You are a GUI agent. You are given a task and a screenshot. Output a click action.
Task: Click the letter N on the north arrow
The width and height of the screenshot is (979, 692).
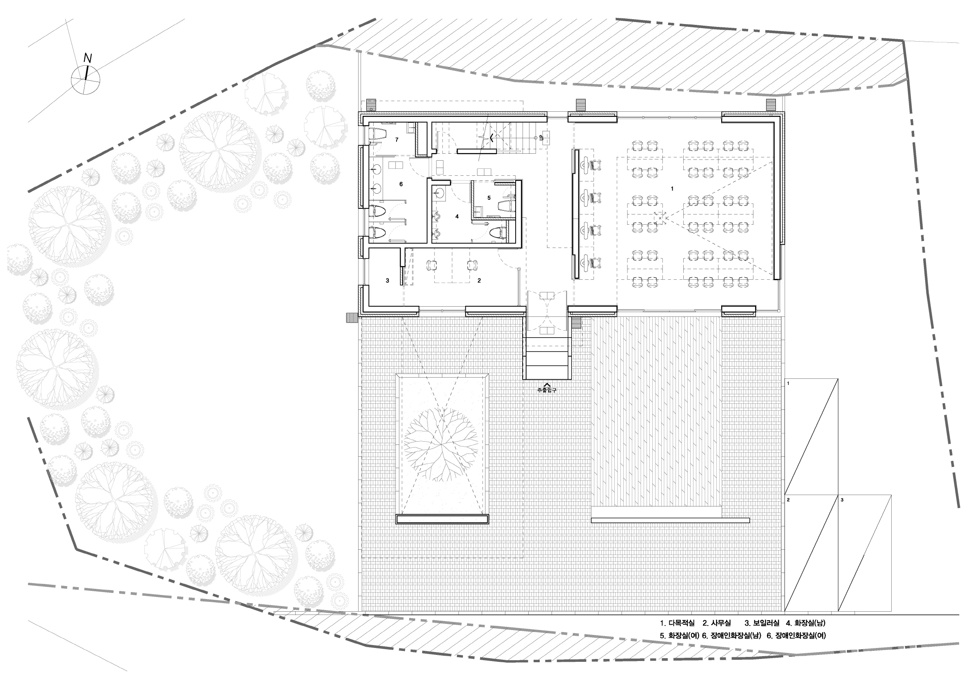tap(88, 58)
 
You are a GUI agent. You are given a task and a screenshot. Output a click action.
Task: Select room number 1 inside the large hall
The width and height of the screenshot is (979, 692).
tap(672, 188)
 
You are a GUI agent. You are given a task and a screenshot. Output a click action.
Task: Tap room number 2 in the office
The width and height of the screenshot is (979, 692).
tap(479, 281)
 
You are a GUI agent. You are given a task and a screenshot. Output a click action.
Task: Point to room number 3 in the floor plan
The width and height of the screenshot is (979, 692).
tap(387, 281)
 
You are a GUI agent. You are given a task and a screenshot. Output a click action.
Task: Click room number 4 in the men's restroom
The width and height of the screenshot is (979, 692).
tap(457, 217)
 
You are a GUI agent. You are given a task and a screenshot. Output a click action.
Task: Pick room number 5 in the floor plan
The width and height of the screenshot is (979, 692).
tap(489, 198)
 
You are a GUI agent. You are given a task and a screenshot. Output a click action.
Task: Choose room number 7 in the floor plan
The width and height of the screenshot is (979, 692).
tap(396, 140)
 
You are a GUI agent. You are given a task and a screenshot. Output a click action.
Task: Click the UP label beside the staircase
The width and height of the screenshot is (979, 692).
tap(541, 138)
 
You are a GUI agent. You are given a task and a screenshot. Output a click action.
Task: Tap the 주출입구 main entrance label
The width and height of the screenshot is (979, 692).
tap(547, 390)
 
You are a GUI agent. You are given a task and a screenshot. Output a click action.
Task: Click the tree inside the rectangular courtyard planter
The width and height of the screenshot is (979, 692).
tap(441, 444)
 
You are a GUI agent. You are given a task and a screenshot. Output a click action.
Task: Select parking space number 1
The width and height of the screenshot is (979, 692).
tap(788, 384)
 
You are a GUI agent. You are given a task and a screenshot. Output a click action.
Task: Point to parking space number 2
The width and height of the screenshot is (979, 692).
tap(788, 500)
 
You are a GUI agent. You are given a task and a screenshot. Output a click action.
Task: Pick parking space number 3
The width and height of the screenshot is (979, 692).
tap(842, 500)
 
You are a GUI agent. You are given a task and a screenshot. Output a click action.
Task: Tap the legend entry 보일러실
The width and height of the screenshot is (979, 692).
tap(766, 623)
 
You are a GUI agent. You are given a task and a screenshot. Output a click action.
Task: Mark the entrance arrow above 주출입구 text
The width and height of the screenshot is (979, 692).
tap(547, 385)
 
